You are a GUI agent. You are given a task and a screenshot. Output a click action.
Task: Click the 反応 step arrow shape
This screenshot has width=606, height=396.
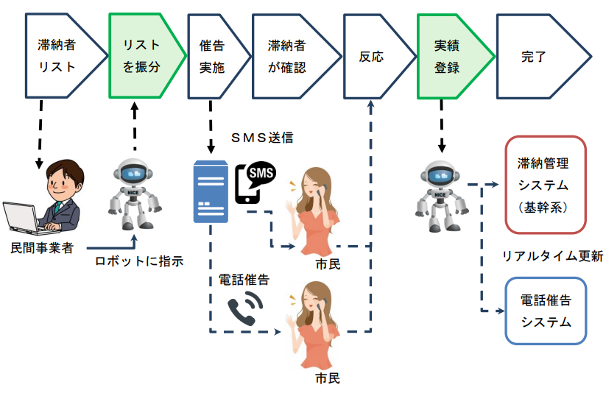(x=372, y=56)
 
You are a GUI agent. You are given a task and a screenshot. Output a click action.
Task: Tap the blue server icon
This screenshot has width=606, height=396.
(x=211, y=191)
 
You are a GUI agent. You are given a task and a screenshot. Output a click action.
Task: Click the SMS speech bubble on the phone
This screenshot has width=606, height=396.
(x=261, y=172)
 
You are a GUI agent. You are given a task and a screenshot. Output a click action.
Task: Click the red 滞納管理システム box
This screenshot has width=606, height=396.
(x=546, y=184)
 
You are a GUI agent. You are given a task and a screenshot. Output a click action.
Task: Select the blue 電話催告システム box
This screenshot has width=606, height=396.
(x=546, y=311)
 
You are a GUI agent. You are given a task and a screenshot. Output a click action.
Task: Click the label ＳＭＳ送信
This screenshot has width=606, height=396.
(x=261, y=138)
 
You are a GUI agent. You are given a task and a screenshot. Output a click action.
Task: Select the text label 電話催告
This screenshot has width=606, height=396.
(x=244, y=280)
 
